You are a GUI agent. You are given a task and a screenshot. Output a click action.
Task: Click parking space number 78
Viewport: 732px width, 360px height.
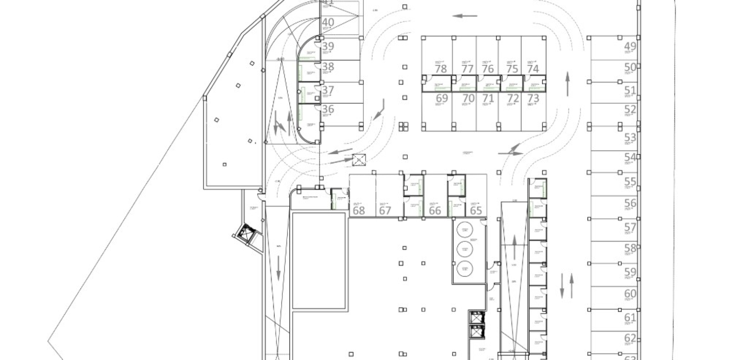point(441,68)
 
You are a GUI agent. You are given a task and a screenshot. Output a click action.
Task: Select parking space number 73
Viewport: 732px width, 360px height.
point(533,98)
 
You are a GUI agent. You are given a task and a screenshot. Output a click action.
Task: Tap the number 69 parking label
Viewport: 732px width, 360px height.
point(441,98)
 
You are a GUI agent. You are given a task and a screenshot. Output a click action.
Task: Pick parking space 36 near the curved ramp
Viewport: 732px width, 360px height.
point(328,109)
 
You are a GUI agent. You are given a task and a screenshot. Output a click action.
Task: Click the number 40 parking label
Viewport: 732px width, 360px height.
point(328,22)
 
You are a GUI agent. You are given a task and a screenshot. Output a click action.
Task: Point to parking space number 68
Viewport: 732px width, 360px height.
point(359,210)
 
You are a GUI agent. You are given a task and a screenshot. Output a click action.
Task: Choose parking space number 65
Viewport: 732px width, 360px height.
point(476,210)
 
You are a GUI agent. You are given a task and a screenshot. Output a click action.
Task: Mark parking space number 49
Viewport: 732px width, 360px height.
point(630,47)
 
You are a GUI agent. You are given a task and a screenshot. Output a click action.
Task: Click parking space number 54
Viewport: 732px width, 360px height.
point(630,157)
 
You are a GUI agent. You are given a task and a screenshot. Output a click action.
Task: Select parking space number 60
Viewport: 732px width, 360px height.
point(630,293)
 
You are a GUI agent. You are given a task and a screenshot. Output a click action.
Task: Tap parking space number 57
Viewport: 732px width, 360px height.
point(630,227)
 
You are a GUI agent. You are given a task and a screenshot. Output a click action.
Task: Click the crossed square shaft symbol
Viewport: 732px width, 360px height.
point(359,161)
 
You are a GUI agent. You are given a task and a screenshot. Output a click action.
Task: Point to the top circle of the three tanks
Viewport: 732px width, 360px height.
point(464,230)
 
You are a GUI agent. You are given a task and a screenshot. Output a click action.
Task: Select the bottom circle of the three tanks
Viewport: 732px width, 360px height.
point(464,268)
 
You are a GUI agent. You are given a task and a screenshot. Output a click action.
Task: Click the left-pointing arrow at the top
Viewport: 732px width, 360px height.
point(465,16)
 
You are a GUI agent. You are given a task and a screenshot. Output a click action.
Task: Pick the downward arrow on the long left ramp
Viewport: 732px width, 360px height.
point(279,268)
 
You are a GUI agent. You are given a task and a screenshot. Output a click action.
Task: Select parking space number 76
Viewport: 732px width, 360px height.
point(488,68)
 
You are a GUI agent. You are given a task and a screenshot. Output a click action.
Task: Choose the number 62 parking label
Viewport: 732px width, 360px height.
point(630,338)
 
